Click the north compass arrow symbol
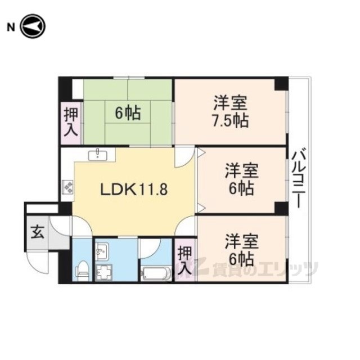click(x=33, y=26)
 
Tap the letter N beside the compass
click(x=11, y=28)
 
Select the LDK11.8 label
click(x=134, y=190)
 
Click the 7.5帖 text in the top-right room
click(x=230, y=121)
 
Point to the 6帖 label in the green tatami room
click(x=128, y=113)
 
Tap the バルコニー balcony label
click(x=299, y=178)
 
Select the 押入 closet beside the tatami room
click(x=71, y=123)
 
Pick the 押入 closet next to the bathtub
click(x=185, y=260)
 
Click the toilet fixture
click(x=83, y=271)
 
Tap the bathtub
click(x=156, y=273)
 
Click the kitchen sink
click(x=97, y=154)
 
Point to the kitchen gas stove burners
click(x=67, y=187)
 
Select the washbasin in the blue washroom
click(x=102, y=251)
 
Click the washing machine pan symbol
click(x=104, y=272)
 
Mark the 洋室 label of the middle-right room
click(x=241, y=170)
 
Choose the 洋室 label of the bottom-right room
click(x=241, y=241)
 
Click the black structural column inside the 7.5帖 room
click(x=281, y=84)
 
